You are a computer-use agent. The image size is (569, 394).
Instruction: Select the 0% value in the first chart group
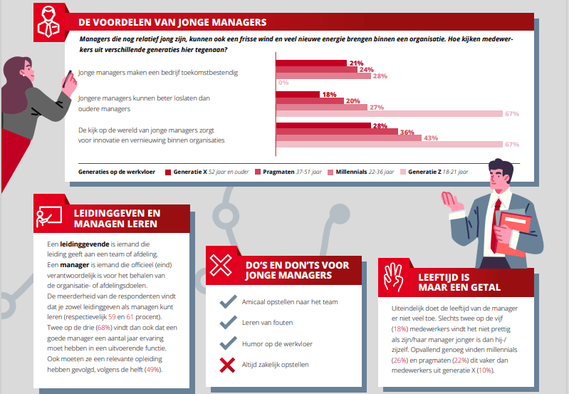(x=283, y=83)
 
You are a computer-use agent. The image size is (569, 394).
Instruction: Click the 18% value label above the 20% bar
(x=328, y=94)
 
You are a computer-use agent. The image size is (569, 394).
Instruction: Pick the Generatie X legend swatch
(x=168, y=172)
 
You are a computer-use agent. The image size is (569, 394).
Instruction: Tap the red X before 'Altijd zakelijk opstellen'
(x=227, y=366)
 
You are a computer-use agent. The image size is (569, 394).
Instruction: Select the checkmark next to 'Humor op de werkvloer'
(x=227, y=345)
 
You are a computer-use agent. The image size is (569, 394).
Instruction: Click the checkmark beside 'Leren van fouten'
(x=227, y=323)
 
